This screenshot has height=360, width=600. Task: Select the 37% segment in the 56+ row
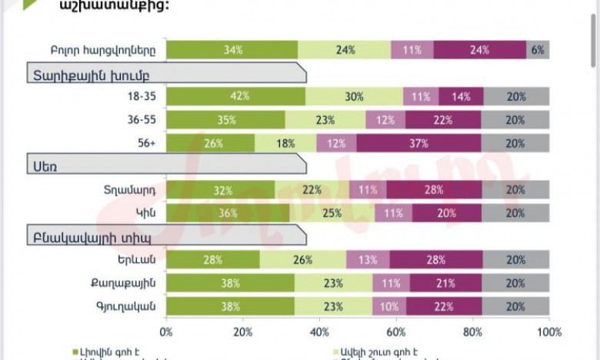click(x=419, y=143)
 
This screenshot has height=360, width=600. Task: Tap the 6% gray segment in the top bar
click(x=538, y=50)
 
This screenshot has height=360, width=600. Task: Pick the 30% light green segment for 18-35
click(x=354, y=97)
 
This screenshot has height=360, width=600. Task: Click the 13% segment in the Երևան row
click(x=368, y=260)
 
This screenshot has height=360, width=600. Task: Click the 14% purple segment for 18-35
click(x=462, y=97)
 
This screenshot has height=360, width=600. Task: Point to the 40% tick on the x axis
click(x=319, y=332)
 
